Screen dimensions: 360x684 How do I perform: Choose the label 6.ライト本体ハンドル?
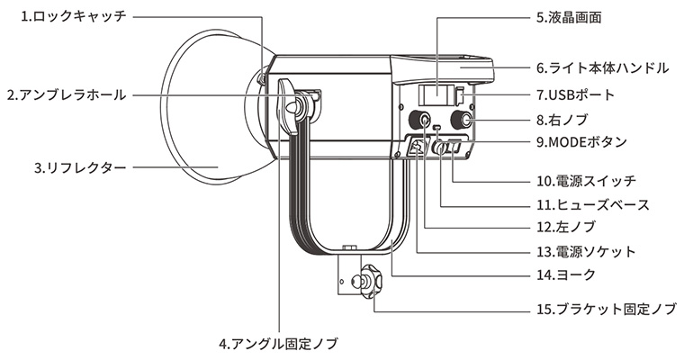pos(601,67)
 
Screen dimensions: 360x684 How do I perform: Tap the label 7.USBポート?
pos(581,94)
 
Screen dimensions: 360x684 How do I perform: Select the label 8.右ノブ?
pos(565,119)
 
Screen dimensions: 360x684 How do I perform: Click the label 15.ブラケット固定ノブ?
pos(605,309)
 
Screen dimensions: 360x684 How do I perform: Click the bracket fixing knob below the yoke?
pos(371,280)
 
